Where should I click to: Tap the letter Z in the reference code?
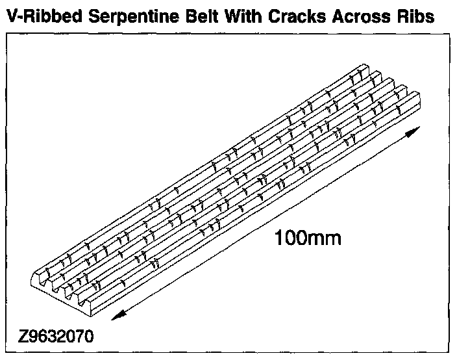(x=25, y=338)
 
